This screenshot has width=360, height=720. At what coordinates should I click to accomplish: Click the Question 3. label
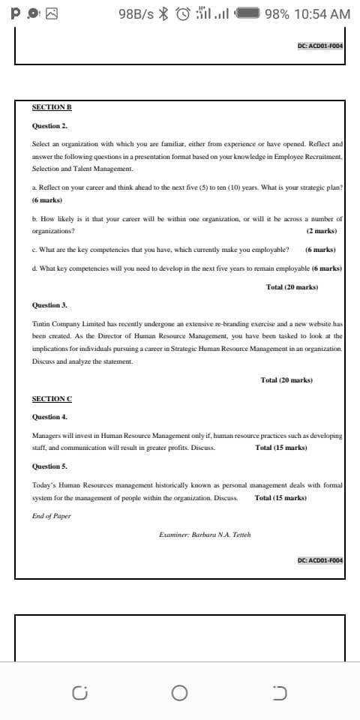point(49,305)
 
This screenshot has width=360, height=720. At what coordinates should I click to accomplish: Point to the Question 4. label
point(49,416)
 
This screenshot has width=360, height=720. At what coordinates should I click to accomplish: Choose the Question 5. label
point(49,466)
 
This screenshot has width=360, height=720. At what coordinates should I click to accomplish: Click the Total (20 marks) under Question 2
point(292,287)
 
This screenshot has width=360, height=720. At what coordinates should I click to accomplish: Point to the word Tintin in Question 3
point(40,324)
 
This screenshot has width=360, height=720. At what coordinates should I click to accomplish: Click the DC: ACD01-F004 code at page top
point(319,46)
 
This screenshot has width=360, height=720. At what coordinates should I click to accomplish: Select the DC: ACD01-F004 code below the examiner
point(319,560)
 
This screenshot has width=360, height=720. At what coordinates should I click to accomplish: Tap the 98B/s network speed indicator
point(136,14)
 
